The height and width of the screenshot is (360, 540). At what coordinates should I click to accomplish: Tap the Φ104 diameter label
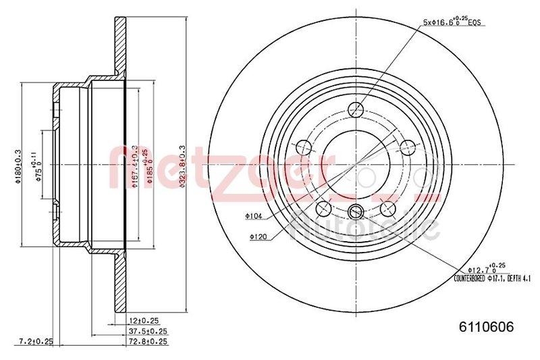click(x=254, y=216)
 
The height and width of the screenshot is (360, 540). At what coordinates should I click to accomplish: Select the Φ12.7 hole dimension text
click(x=481, y=268)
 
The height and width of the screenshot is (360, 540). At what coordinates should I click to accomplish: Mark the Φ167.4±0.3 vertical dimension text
click(x=135, y=165)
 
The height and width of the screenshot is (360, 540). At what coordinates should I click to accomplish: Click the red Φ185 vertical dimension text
click(x=144, y=165)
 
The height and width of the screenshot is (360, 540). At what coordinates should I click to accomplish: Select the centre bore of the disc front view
click(x=356, y=165)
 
